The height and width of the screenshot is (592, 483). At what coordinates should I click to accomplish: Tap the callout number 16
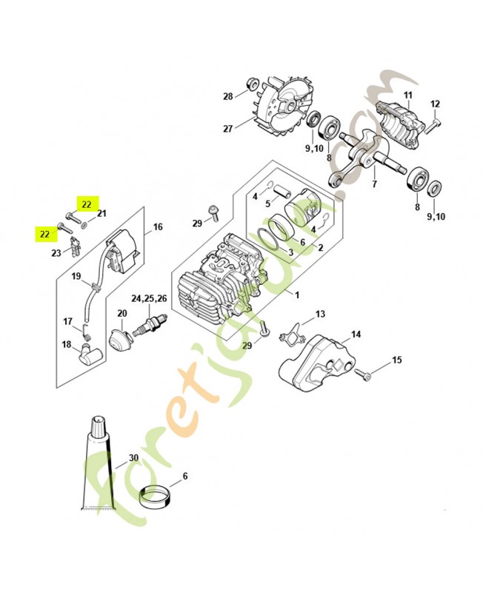pos(158,227)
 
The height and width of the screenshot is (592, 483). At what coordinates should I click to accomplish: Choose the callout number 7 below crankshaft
pos(374,184)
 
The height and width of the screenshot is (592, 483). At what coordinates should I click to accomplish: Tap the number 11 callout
pos(407,95)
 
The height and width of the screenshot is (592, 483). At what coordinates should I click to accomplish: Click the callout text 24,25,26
pos(149,299)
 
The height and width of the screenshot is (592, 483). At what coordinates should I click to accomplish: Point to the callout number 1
pos(297,295)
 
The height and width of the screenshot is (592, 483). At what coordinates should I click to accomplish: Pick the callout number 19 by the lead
pos(76,277)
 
